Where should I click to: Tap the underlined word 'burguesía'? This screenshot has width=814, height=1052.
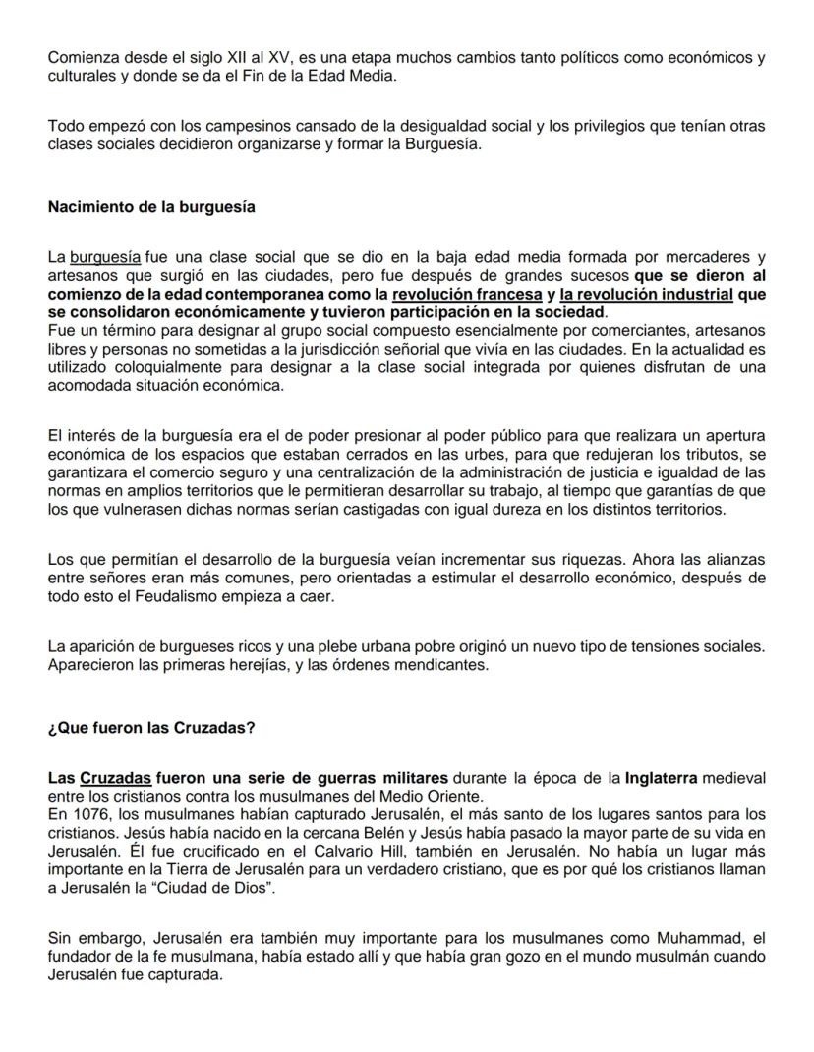[x=104, y=258]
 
